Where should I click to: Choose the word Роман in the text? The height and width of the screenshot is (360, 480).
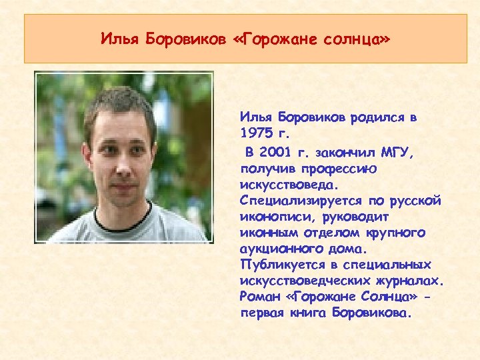[x=256, y=296]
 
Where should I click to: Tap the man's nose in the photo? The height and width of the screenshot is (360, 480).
[x=121, y=160]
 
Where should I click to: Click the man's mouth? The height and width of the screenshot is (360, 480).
[x=121, y=181]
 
